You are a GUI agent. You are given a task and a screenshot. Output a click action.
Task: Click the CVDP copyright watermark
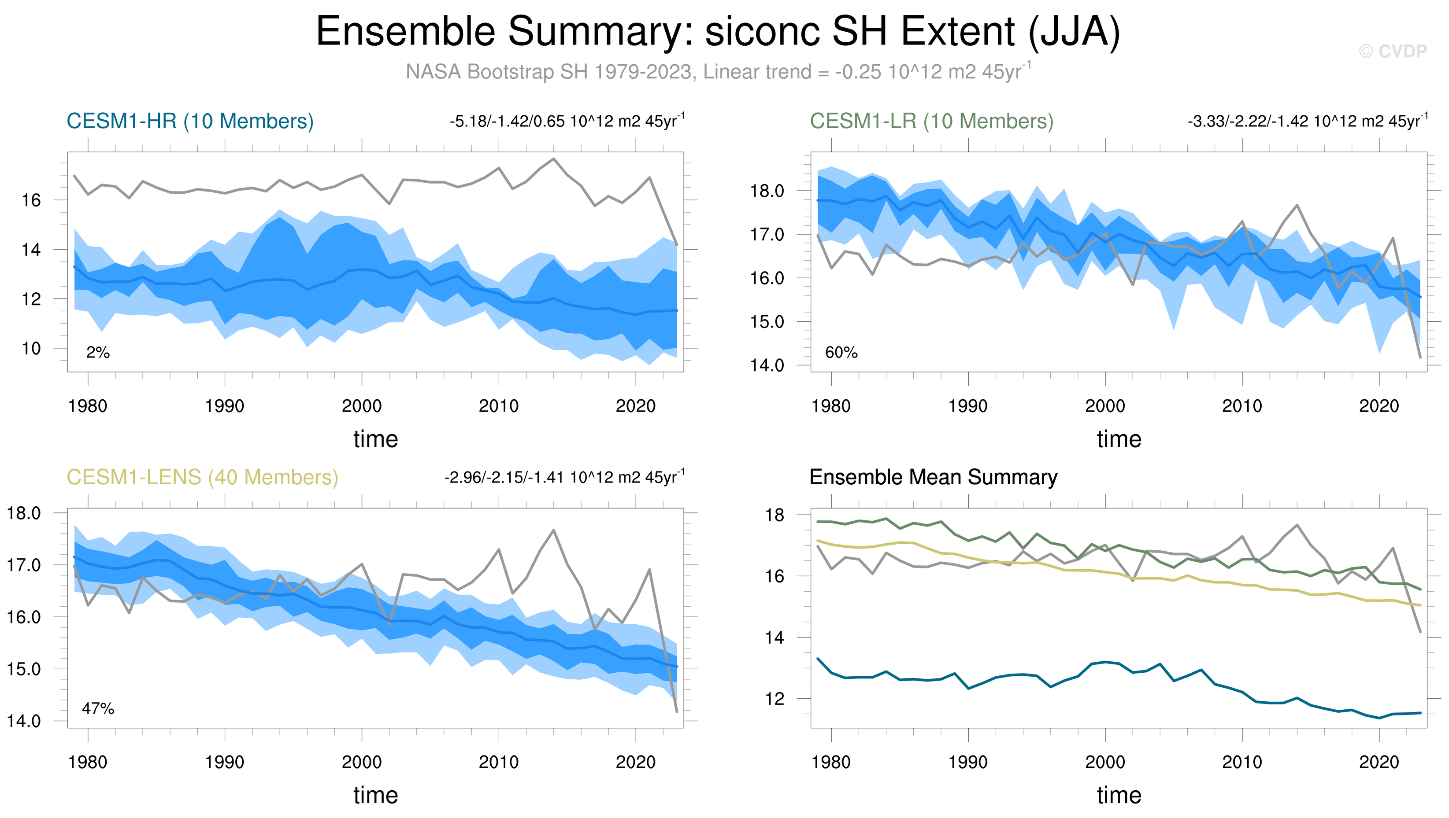(1392, 52)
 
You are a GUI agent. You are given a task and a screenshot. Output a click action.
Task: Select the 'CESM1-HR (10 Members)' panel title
(190, 121)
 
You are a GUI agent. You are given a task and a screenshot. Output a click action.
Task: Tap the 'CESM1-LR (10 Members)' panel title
(931, 121)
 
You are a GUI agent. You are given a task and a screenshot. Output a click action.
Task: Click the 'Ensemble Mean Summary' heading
(933, 477)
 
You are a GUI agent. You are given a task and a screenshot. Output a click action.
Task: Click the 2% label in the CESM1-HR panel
(98, 353)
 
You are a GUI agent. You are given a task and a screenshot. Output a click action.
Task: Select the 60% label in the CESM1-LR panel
(841, 353)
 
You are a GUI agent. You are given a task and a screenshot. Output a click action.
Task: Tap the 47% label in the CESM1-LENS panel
(98, 708)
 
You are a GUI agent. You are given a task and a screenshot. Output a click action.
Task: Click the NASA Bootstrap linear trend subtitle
(718, 72)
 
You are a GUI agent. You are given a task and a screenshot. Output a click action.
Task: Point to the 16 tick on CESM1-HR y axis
(32, 200)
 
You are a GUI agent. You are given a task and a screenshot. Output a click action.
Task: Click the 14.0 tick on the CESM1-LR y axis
(767, 365)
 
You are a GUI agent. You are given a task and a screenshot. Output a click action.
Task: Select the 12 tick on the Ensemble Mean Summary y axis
(775, 699)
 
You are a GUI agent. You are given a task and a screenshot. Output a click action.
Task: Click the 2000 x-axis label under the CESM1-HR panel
(362, 406)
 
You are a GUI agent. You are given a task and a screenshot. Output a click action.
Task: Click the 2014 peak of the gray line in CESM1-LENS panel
(553, 530)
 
